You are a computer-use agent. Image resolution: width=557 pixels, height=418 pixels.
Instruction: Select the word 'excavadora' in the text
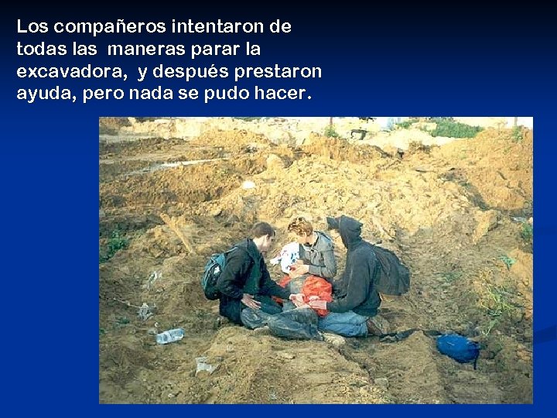click(73, 72)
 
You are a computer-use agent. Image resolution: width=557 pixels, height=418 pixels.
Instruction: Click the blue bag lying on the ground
click(458, 348)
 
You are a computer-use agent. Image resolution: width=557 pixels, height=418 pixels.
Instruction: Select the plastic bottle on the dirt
click(169, 335)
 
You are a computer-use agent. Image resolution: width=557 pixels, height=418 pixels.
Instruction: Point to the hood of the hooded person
click(349, 231)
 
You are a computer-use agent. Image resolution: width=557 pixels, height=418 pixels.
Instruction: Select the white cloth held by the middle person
click(289, 256)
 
